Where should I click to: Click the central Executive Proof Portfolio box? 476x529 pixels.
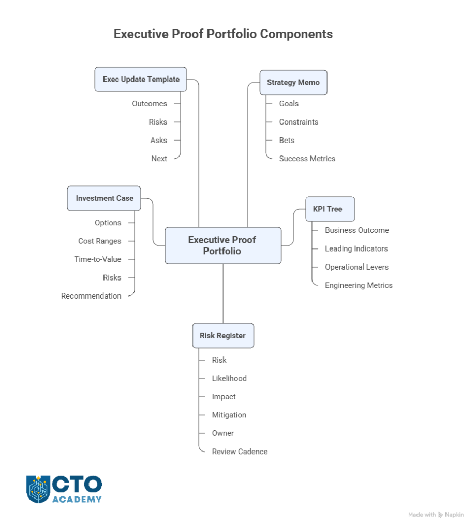tap(223, 245)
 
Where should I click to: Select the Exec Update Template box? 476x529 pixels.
tap(141, 79)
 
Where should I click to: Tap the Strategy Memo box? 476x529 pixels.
tap(293, 82)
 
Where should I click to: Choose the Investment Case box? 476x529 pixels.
tap(104, 198)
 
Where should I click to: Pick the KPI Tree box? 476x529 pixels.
tap(330, 209)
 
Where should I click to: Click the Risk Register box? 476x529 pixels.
tap(222, 336)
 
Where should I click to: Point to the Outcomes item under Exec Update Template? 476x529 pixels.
tap(150, 104)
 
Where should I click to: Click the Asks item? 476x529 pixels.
tap(159, 141)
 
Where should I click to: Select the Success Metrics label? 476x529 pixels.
tap(307, 159)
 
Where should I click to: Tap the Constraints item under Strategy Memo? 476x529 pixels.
tap(299, 122)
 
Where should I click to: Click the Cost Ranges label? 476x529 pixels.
tap(100, 241)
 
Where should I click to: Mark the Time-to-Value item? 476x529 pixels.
tap(98, 260)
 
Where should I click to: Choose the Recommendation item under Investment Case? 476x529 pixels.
tap(91, 297)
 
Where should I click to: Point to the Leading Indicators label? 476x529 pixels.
tap(356, 249)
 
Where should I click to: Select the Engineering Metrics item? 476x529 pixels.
tap(359, 286)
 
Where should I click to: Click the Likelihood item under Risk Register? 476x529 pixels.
tap(229, 379)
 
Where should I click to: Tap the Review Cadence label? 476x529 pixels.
tap(240, 452)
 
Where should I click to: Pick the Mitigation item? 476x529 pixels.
tap(229, 415)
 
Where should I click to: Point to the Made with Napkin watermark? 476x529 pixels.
tap(436, 515)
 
